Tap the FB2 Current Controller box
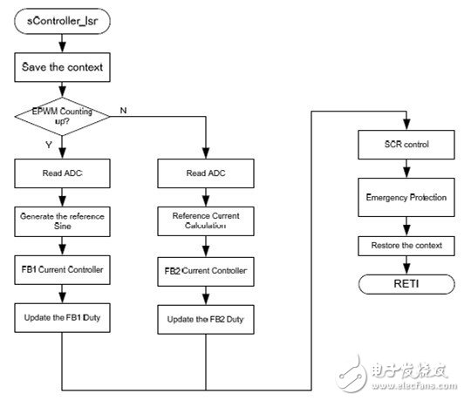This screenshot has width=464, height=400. click(206, 271)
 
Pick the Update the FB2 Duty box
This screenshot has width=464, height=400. click(206, 322)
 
